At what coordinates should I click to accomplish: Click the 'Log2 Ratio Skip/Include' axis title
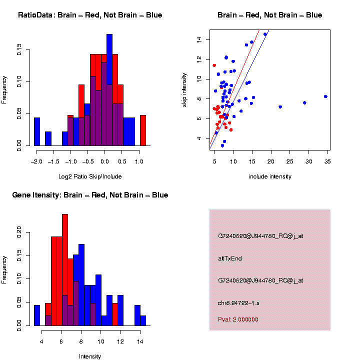(90, 176)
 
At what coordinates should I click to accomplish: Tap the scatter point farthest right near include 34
(325, 96)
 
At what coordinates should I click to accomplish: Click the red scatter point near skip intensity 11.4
(214, 65)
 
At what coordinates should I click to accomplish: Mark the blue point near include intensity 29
(304, 102)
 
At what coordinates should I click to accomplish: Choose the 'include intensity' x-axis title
(270, 176)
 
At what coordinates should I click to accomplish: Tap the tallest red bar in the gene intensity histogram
(65, 270)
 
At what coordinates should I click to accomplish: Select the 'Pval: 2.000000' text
(238, 319)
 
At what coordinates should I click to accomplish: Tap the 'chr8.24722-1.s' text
(238, 303)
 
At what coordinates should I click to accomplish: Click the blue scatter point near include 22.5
(280, 107)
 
